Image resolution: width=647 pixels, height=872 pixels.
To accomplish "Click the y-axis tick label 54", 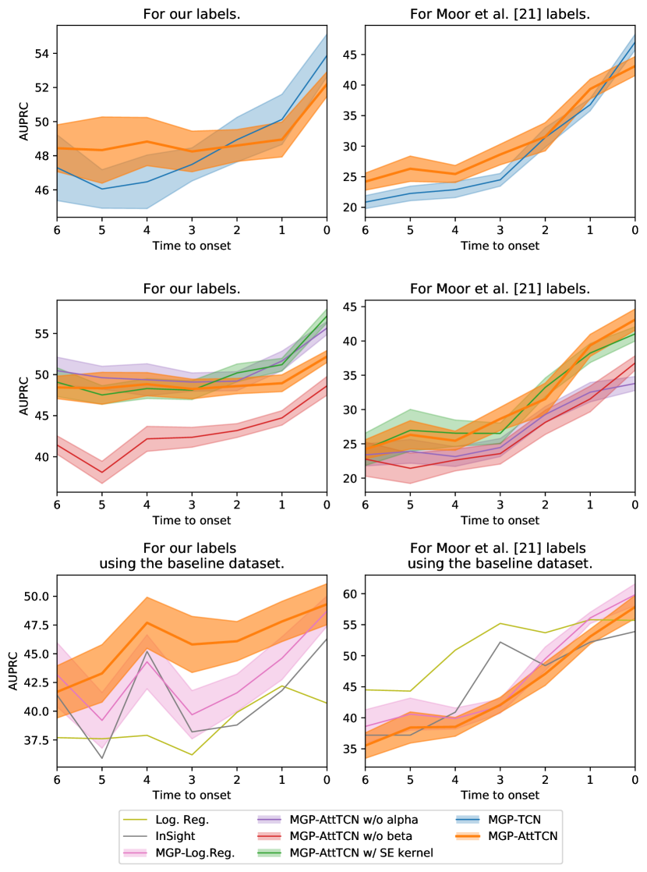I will click(x=42, y=53).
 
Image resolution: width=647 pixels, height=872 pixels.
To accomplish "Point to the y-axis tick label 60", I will click(x=351, y=594).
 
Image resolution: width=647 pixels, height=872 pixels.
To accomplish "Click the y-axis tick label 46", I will click(x=42, y=190).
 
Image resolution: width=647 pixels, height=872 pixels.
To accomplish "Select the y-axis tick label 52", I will click(x=42, y=87).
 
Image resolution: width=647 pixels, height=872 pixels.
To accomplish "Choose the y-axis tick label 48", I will click(x=42, y=156).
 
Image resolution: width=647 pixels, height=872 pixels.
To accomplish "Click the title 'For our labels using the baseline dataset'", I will click(x=191, y=555).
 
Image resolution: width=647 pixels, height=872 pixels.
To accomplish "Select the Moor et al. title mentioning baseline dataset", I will click(x=500, y=555).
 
